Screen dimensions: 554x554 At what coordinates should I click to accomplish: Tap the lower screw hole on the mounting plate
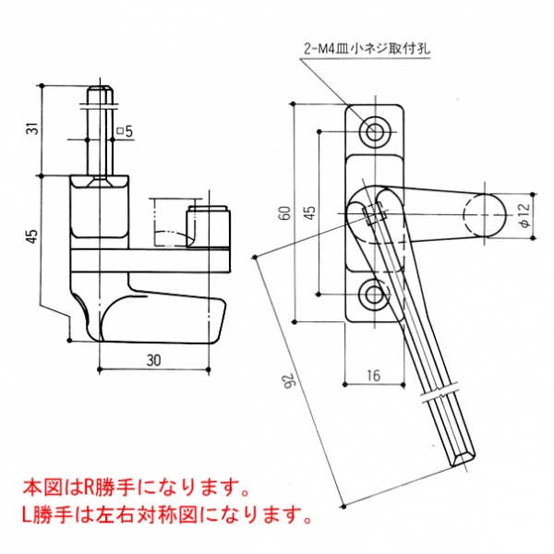tap(375, 295)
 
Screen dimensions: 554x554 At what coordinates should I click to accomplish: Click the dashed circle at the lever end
tap(483, 215)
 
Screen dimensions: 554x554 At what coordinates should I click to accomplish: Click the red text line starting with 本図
tap(134, 485)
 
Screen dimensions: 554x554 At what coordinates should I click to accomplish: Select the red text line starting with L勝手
tap(165, 509)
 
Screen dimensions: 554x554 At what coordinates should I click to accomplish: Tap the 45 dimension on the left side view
tap(32, 236)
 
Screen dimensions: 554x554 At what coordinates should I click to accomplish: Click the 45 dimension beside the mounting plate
tap(310, 211)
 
